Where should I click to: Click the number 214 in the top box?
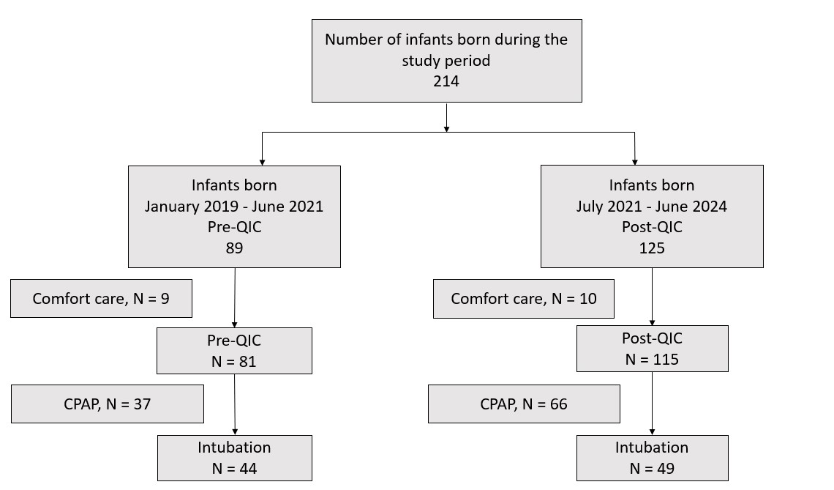tap(446, 81)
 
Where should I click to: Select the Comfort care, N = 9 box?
tap(101, 298)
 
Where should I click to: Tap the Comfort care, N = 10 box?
tap(523, 299)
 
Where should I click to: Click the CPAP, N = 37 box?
tap(108, 404)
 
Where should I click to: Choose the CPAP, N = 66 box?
tap(524, 404)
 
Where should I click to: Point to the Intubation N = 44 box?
tap(235, 458)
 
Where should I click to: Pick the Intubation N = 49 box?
tap(652, 458)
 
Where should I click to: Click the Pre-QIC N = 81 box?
tap(235, 350)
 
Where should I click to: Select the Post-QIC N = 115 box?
tap(652, 349)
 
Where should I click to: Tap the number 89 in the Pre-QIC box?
tap(235, 248)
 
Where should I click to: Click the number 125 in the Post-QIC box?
tap(652, 248)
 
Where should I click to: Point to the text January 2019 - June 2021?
tap(234, 206)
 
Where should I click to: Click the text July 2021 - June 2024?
tap(652, 206)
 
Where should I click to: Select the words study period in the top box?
tap(446, 61)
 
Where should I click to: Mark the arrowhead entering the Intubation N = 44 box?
tap(235, 432)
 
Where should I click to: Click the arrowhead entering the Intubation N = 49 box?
tap(652, 432)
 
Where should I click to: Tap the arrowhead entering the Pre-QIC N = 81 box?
tap(235, 324)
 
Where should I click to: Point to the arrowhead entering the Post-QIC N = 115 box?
tap(652, 322)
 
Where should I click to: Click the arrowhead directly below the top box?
tap(446, 129)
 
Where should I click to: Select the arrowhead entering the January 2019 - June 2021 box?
tap(262, 163)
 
